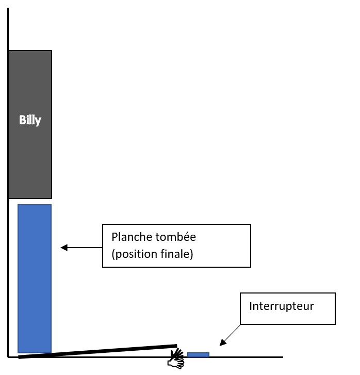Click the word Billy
coord(30,121)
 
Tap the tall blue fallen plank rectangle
coord(35,279)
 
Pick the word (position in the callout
coord(131,255)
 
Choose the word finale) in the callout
coord(176,255)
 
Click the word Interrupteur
coord(281,306)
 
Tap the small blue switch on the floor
coord(198,354)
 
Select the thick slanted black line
coord(98,351)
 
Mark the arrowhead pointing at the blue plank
coord(63,248)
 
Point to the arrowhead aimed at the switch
coord(221,343)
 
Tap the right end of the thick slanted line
coord(176,346)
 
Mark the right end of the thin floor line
coord(282,356)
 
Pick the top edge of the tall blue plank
coord(35,205)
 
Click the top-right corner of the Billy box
coord(52,51)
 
